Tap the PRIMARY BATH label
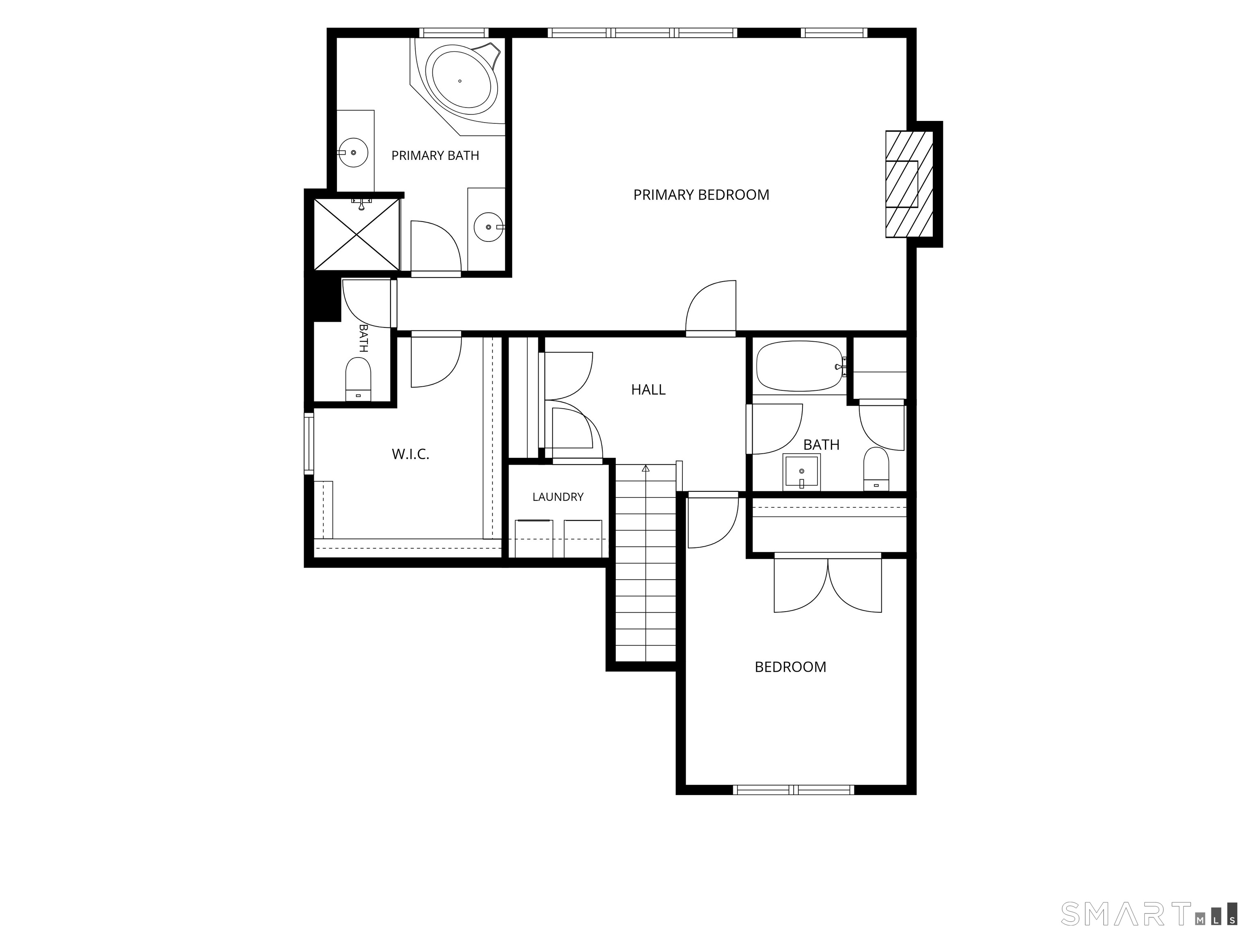coord(435,155)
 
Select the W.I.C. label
coord(410,454)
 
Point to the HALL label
coord(648,390)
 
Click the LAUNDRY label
coord(558,497)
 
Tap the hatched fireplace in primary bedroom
coord(909,184)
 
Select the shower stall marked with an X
coord(356,235)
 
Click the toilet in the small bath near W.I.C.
coord(358,379)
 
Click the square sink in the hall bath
coord(802,472)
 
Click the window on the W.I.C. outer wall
coord(309,443)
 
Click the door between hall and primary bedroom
coord(711,308)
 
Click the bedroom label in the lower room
coord(790,667)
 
